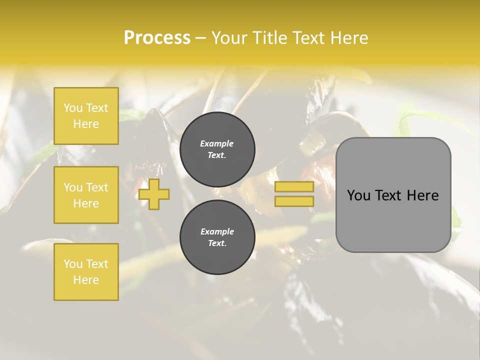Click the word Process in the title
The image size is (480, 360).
[157, 38]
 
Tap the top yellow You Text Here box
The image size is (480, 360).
[86, 116]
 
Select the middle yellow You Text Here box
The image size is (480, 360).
[86, 195]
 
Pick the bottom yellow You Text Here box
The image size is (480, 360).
[86, 271]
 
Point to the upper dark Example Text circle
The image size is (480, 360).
[217, 149]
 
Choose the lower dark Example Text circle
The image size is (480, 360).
[217, 237]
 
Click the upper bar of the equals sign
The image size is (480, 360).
[294, 186]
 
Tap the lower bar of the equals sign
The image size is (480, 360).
[294, 201]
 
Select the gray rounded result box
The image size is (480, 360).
[393, 220]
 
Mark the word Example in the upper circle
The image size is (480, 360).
[217, 144]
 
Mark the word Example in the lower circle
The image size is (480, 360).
[217, 232]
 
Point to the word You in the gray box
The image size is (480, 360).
[358, 195]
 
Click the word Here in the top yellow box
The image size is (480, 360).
[86, 124]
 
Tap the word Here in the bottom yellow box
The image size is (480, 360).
[86, 280]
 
